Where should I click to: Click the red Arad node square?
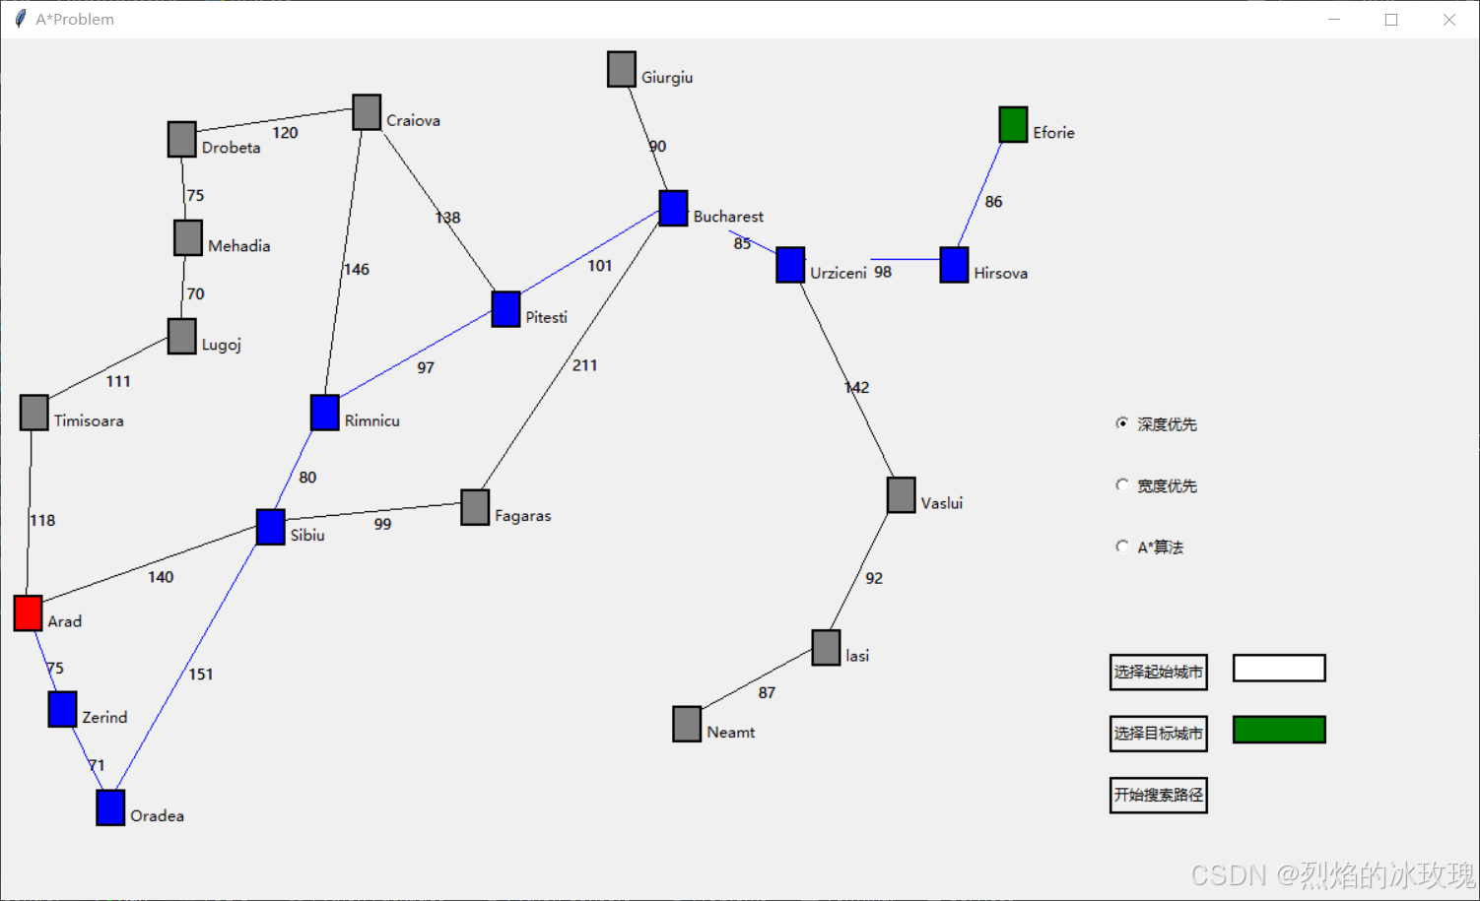tap(28, 612)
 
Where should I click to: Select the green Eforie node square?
tap(1013, 125)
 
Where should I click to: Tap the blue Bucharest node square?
tap(673, 209)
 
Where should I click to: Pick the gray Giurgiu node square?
tap(621, 69)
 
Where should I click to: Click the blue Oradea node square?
tap(110, 807)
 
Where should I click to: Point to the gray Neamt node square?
tap(687, 724)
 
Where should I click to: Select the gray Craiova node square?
tap(367, 112)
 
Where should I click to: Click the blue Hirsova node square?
tap(954, 265)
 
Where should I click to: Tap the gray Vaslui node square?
tap(901, 495)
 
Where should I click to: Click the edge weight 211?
tap(584, 365)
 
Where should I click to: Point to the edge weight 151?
tap(201, 675)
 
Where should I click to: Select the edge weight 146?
tap(357, 269)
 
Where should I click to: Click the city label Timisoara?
tap(89, 420)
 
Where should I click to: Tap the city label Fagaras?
tap(522, 516)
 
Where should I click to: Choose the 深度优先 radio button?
tap(1122, 423)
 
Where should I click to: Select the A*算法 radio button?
tap(1122, 547)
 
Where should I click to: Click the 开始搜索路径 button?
tap(1158, 795)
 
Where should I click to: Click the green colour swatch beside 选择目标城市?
tap(1279, 730)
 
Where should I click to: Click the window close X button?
tap(1448, 20)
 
